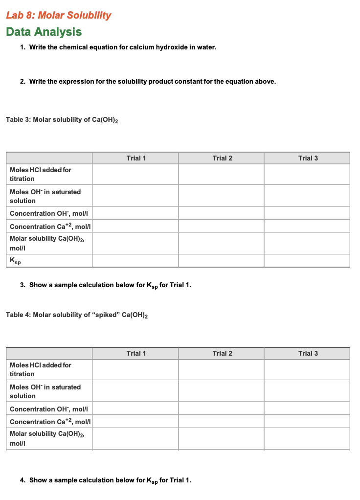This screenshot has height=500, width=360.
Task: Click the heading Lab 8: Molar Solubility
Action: (59, 15)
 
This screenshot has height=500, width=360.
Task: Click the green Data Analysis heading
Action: (44, 32)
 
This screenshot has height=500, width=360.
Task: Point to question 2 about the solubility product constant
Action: (152, 81)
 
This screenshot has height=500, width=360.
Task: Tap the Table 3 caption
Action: (62, 120)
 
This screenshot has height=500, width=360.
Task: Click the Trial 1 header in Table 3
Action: (135, 158)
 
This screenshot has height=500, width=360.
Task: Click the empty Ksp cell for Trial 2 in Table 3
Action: (221, 261)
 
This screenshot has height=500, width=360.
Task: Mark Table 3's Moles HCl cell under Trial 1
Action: (135, 174)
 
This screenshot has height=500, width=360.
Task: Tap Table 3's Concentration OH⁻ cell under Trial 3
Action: (307, 213)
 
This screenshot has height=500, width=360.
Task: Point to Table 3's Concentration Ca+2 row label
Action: (50, 226)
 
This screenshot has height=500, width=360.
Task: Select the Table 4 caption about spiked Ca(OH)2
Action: (77, 315)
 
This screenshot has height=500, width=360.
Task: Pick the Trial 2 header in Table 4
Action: (222, 353)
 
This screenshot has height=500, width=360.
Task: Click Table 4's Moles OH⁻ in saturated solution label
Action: (45, 391)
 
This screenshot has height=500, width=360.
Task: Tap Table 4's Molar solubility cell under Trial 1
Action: (135, 438)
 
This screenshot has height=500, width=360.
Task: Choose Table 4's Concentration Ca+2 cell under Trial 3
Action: (307, 421)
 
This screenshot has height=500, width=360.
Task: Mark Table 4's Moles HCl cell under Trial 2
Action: (221, 369)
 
